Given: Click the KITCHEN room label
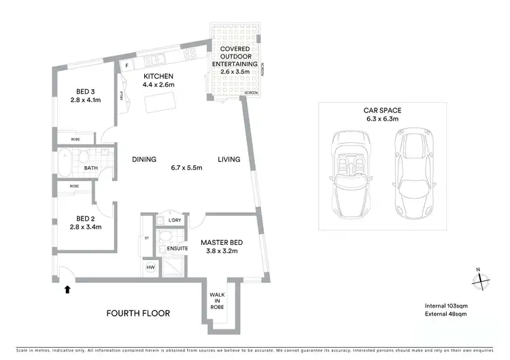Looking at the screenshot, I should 158,76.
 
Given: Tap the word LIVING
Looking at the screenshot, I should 229,159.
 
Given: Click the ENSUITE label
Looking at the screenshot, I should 177,248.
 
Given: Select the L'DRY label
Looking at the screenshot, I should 173,221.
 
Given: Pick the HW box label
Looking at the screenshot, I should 150,268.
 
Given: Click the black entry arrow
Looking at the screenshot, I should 67,290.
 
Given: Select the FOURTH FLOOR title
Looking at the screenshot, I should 138,314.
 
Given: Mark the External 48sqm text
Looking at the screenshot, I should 441,316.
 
